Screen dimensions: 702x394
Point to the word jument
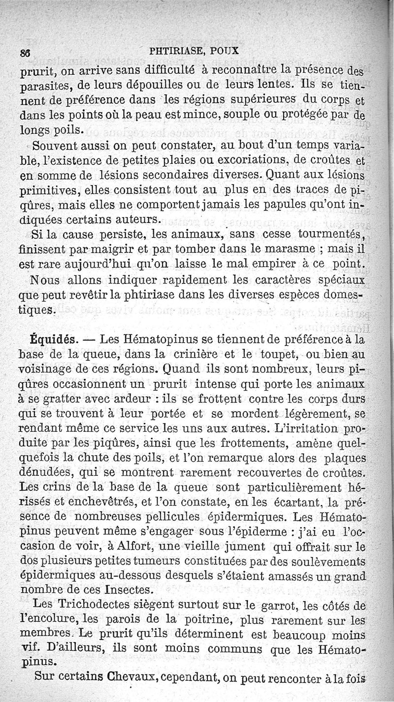click(x=238, y=547)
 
